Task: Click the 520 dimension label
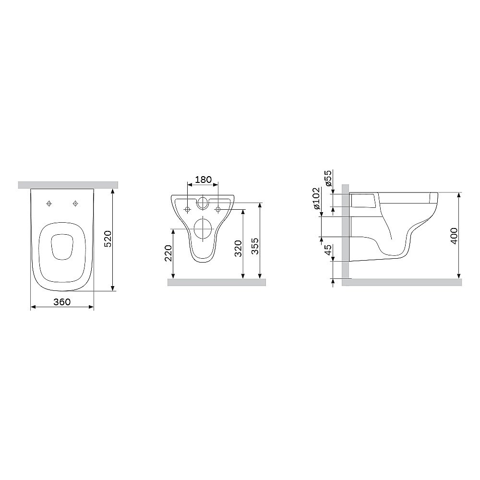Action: pyautogui.click(x=108, y=239)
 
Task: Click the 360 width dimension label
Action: pyautogui.click(x=62, y=302)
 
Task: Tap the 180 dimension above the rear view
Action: pyautogui.click(x=203, y=180)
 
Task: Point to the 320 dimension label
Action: pyautogui.click(x=238, y=247)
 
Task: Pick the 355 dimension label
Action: pyautogui.click(x=255, y=247)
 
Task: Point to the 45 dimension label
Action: pyautogui.click(x=328, y=251)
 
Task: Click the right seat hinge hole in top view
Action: pyautogui.click(x=75, y=204)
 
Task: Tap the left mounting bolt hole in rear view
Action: pyautogui.click(x=187, y=209)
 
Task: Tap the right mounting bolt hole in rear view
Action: pyautogui.click(x=218, y=209)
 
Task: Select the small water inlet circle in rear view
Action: pyautogui.click(x=203, y=203)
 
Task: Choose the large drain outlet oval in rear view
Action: pyautogui.click(x=203, y=229)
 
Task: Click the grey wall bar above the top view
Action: pyautogui.click(x=68, y=185)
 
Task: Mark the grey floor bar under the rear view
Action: pyautogui.click(x=216, y=282)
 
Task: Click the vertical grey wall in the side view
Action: pyautogui.click(x=346, y=230)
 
